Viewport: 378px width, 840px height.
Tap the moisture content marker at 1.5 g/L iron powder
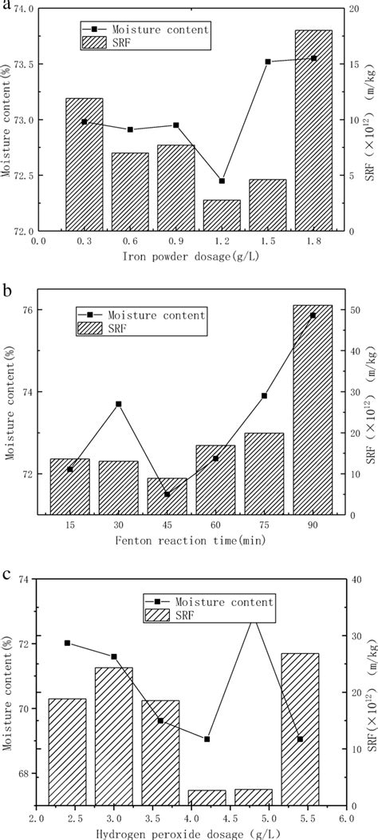pos(268,61)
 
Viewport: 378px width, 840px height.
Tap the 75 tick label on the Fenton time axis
pos(264,525)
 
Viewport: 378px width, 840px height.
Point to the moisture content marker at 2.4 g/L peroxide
pos(67,643)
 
